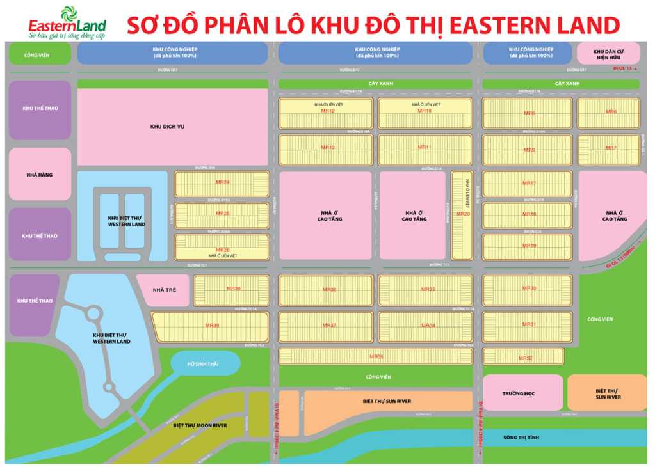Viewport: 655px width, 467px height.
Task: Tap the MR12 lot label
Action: point(328,111)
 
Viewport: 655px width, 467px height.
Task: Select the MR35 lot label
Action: point(376,356)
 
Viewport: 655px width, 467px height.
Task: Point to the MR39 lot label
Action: point(212,326)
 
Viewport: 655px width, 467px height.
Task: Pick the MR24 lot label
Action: point(222,183)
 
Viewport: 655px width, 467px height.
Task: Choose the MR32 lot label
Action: point(525,358)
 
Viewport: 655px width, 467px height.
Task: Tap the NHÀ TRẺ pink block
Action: point(163,290)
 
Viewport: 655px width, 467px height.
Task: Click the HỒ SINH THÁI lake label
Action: point(204,363)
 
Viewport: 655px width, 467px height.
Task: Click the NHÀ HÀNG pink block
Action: point(40,174)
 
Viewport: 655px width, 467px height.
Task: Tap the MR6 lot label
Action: point(611,112)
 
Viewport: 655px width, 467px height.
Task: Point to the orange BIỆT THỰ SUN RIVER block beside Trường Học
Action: point(607,393)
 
